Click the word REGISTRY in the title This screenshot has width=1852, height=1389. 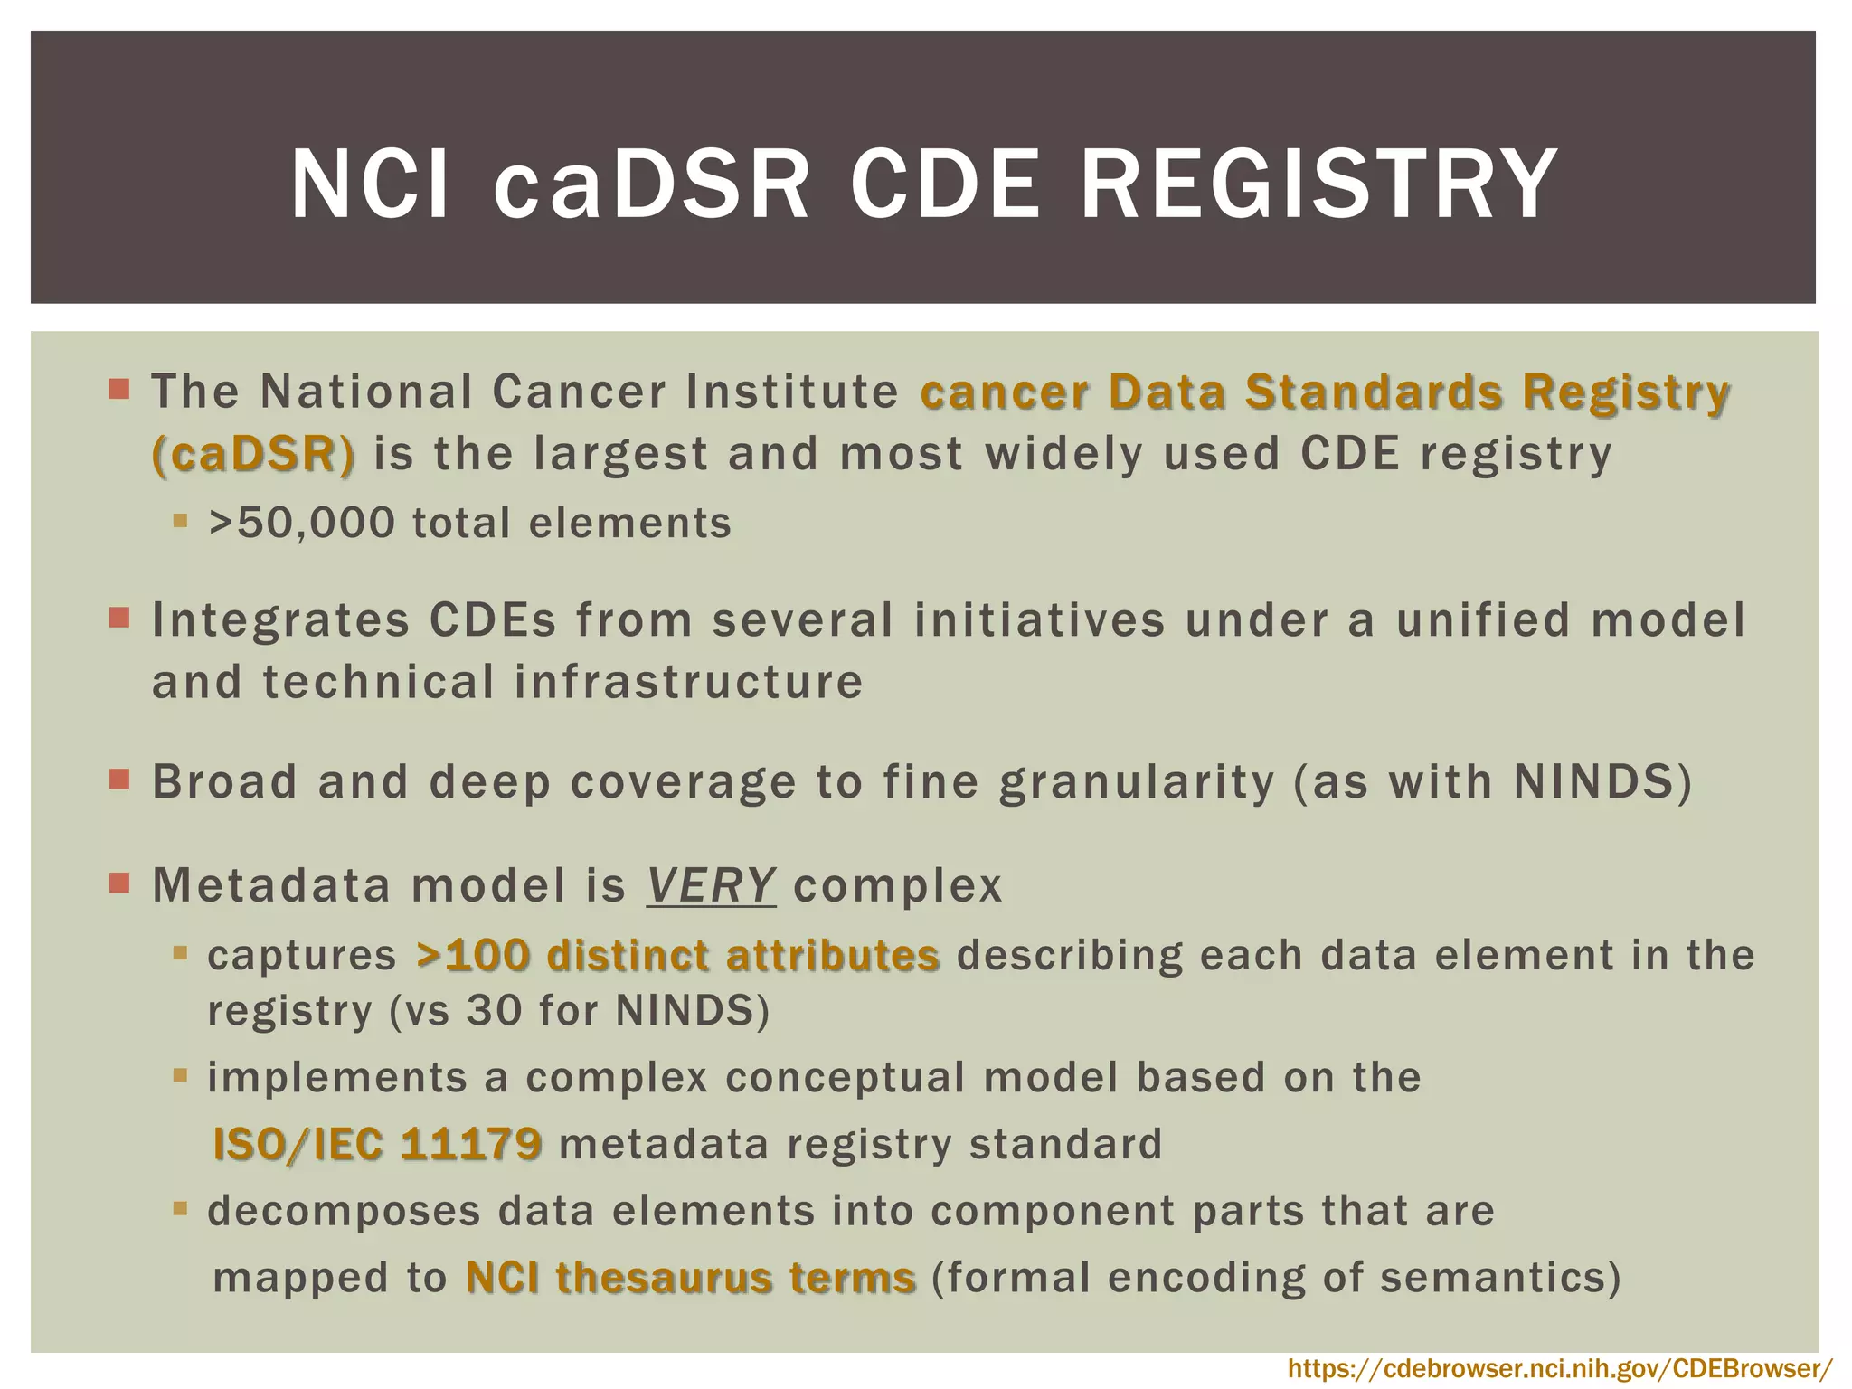pos(1318,185)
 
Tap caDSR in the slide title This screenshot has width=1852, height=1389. pos(651,185)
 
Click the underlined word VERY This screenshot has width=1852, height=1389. pos(711,885)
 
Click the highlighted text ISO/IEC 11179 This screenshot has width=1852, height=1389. pos(378,1145)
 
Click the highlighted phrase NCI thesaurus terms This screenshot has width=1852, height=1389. pos(691,1278)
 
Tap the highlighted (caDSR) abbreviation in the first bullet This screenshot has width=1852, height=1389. pos(253,454)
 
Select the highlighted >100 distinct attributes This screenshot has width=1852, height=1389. pos(678,956)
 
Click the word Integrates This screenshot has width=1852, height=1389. pos(280,621)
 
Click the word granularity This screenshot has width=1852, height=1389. pos(1137,783)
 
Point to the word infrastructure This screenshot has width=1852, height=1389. pos(689,682)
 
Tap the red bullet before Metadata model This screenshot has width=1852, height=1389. pos(119,883)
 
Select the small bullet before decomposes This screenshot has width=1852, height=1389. pos(180,1209)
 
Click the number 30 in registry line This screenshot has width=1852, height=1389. pos(494,1011)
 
